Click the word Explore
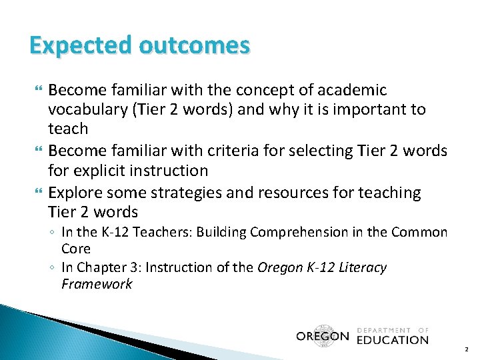click(x=77, y=193)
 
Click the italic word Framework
click(x=97, y=285)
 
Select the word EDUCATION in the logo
click(x=393, y=340)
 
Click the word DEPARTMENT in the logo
click(x=383, y=330)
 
